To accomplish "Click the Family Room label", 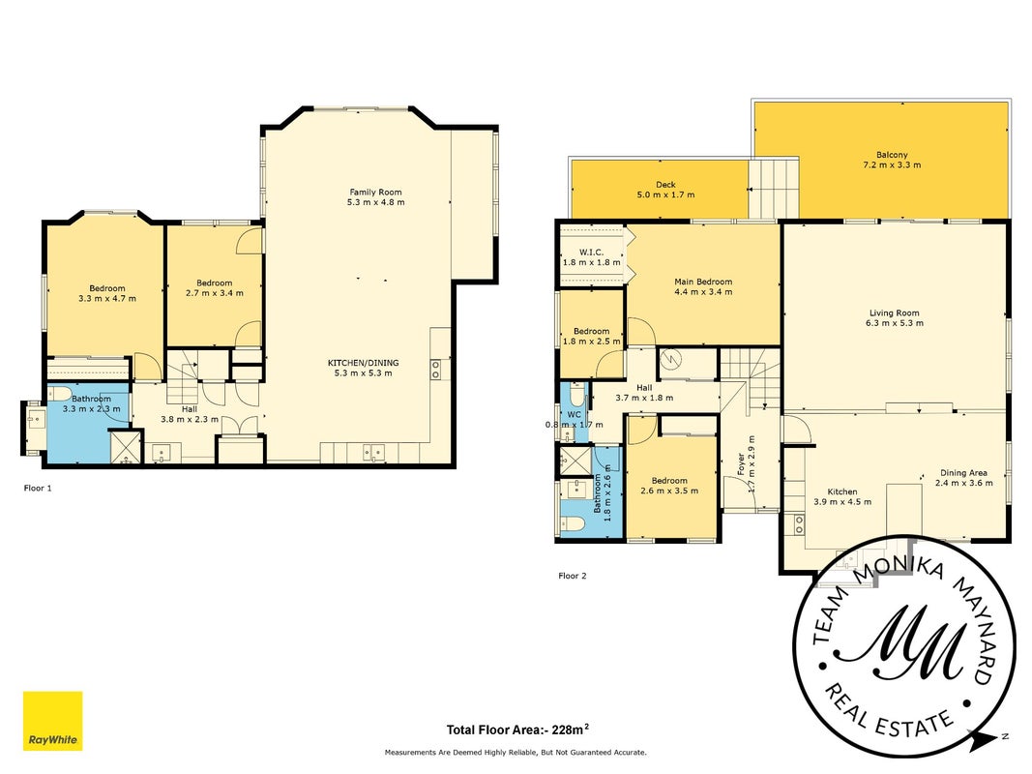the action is coord(376,193).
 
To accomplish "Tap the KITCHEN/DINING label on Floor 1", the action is coord(364,363).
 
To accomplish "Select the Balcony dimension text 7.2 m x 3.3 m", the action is coord(892,165).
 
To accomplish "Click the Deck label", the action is coord(666,185).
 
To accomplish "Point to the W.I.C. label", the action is coord(591,253).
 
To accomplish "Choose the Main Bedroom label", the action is coord(703,282).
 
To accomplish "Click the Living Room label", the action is coord(895,313).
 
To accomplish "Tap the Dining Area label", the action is coord(963,472).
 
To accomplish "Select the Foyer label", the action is coord(741,464).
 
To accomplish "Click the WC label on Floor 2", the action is coord(574,415).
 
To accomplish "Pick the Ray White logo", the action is coord(52,721).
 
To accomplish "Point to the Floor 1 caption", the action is coord(38,488).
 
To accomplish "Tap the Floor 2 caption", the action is coord(573,576).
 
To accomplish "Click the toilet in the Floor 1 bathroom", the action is coord(60,394).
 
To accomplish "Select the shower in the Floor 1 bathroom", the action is coord(125,447).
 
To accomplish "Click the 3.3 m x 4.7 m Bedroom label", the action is coord(107,293).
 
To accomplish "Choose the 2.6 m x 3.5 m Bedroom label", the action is coord(669,486).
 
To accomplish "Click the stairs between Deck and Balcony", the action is coord(774,189).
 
